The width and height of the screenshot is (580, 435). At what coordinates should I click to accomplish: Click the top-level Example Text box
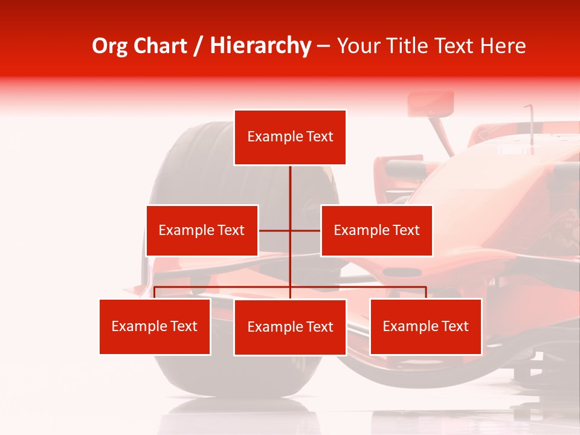coord(290,137)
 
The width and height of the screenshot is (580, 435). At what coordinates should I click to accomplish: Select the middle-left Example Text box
coord(202,230)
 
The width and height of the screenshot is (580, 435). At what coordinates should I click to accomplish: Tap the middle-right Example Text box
coord(376,230)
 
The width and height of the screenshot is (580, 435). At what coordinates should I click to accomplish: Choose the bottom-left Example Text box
coord(155,326)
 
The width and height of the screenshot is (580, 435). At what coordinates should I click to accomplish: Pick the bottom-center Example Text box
coord(290,327)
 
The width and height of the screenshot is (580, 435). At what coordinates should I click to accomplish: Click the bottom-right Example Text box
coord(425,326)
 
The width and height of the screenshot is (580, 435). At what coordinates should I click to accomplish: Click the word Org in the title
coord(110,46)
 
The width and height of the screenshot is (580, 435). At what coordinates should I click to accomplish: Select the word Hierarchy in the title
coord(260,46)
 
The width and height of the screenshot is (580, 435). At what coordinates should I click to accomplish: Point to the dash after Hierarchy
coord(323,47)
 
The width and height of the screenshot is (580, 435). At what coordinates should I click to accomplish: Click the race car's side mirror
coord(430,104)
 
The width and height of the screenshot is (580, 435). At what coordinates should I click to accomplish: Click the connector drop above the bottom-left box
coord(155,292)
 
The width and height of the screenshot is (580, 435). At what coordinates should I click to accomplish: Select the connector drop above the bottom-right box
coord(425,292)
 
